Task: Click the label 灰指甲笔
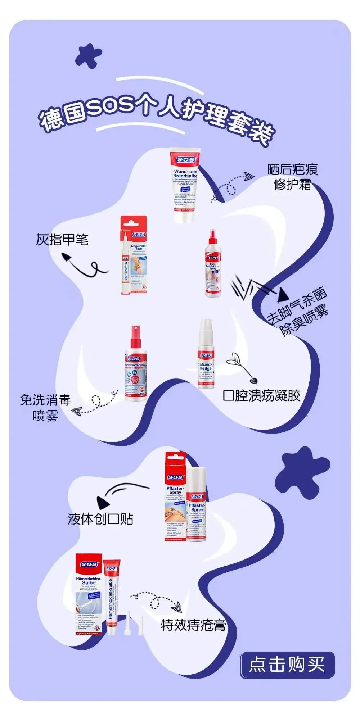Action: [x=62, y=240]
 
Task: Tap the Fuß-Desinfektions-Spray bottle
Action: [x=212, y=264]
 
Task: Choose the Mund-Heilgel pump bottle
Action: [x=206, y=354]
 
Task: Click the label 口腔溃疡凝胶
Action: [x=262, y=395]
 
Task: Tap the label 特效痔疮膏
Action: [x=193, y=625]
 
